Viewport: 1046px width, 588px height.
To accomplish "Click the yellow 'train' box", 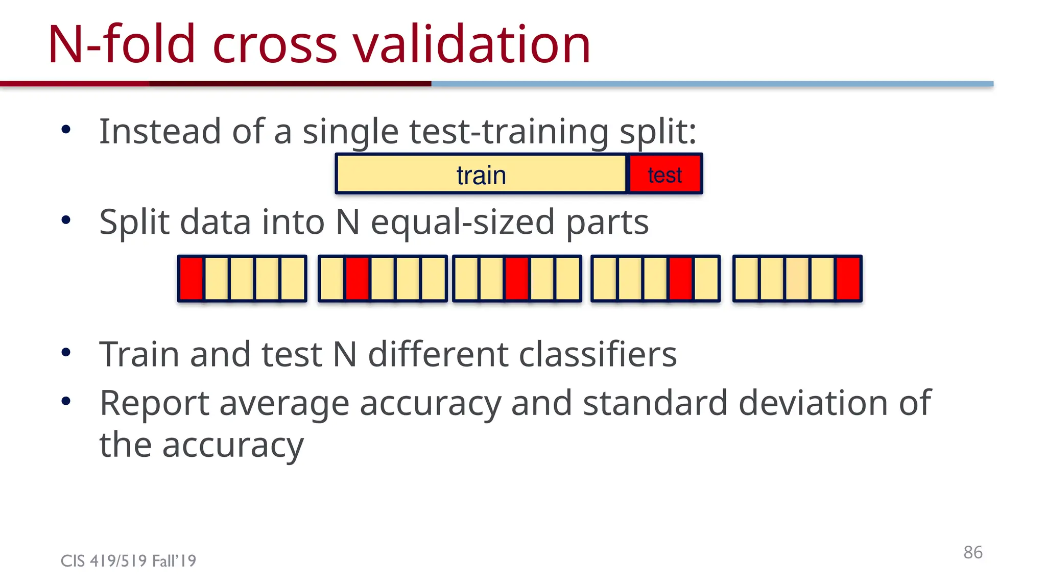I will click(x=481, y=175).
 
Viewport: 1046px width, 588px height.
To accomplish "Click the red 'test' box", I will click(x=665, y=175).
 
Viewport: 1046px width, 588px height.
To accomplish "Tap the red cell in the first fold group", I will click(x=192, y=279).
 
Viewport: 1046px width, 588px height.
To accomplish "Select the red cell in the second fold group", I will click(x=358, y=279).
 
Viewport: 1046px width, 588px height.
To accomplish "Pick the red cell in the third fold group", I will click(x=517, y=279).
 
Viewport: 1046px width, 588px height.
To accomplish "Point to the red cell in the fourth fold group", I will click(x=681, y=279).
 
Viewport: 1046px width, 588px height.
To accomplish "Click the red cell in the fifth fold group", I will click(x=848, y=279).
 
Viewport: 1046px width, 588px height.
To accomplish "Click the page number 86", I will click(x=973, y=552).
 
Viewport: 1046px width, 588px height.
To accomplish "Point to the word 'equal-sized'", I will click(x=463, y=223).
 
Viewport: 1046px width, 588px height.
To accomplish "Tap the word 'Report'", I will click(x=154, y=403).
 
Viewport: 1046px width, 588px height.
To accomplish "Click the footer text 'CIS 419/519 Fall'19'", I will click(x=128, y=561).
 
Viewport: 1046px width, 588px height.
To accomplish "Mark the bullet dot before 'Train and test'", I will click(x=66, y=353).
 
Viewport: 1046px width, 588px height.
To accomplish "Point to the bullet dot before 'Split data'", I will click(x=66, y=220).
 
